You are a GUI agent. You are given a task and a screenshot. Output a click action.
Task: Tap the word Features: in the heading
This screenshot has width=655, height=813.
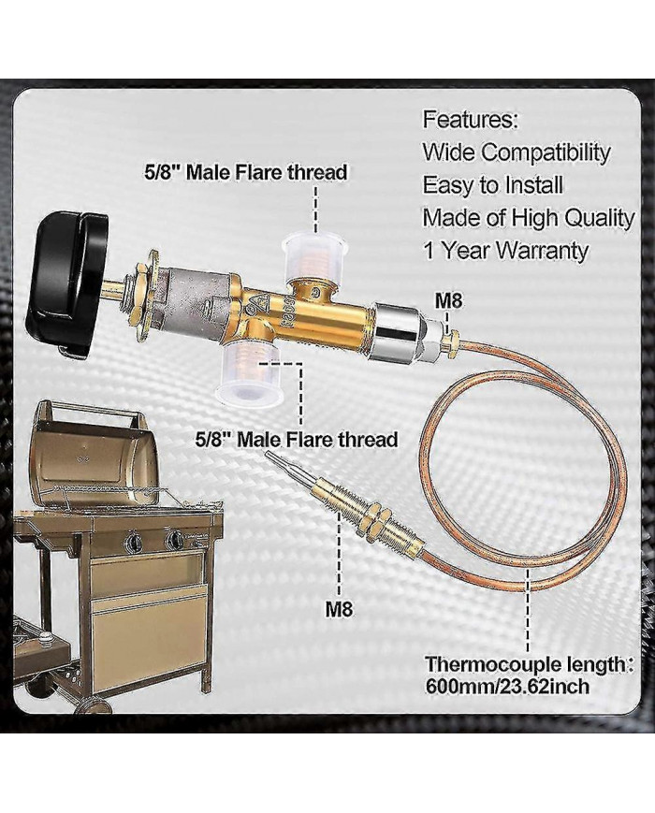[471, 120]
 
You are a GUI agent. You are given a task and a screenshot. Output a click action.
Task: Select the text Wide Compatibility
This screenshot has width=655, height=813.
[517, 152]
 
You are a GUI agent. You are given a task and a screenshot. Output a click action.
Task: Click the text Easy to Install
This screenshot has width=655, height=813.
[493, 185]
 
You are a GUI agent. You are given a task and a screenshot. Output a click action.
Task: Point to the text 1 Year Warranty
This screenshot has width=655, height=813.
[505, 251]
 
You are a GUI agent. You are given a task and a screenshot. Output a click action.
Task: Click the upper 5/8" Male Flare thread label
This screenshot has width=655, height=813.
[245, 172]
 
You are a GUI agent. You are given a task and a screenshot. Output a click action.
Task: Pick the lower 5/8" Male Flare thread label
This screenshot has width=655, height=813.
[297, 440]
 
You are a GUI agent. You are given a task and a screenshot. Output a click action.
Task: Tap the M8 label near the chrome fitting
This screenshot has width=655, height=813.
[448, 302]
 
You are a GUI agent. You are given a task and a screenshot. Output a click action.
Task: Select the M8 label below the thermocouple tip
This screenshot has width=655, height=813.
[339, 609]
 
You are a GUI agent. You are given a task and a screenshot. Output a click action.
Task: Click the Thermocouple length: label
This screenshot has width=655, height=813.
[530, 664]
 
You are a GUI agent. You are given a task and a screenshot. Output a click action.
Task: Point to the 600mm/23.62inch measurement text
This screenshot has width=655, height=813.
[507, 687]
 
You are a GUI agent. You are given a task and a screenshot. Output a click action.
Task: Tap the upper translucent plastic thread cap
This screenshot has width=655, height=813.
[313, 255]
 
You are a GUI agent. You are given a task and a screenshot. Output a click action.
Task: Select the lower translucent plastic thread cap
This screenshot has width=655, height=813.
[248, 371]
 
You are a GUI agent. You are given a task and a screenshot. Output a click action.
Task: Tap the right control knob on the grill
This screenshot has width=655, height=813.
[173, 540]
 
